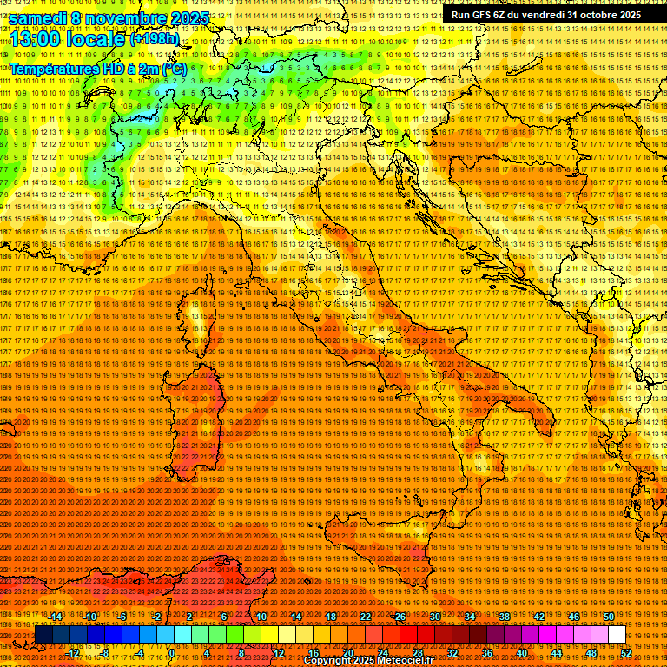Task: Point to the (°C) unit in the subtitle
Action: (174, 69)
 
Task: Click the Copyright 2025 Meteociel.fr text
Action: (381, 661)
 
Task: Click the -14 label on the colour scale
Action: (56, 617)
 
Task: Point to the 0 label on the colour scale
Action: (173, 652)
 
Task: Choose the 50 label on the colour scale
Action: (608, 617)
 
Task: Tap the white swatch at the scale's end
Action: (617, 635)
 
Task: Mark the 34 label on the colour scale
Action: (469, 617)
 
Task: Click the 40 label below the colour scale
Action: (522, 652)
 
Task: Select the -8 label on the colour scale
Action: (106, 652)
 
